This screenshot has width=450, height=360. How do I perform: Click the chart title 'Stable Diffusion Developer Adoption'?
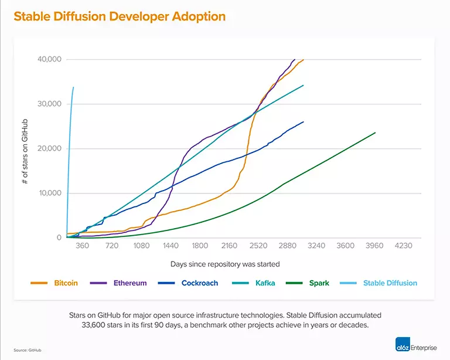(120, 16)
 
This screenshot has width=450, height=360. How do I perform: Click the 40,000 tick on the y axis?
(48, 59)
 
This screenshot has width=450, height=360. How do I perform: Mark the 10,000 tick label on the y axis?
(49, 193)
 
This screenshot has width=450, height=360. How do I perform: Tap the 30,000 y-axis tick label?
(48, 104)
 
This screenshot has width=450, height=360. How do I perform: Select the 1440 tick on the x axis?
(171, 246)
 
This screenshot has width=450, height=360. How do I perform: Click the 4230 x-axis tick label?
(403, 246)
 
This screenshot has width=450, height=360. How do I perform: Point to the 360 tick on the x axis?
(83, 246)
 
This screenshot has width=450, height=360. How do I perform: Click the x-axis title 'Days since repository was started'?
(225, 264)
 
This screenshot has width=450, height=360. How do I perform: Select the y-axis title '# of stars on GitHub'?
(25, 148)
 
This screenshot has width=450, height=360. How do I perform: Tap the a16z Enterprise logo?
(415, 346)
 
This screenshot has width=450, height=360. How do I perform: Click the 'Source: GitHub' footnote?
(28, 350)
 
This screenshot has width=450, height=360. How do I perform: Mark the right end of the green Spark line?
(375, 133)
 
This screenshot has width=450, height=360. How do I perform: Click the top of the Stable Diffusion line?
(73, 87)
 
